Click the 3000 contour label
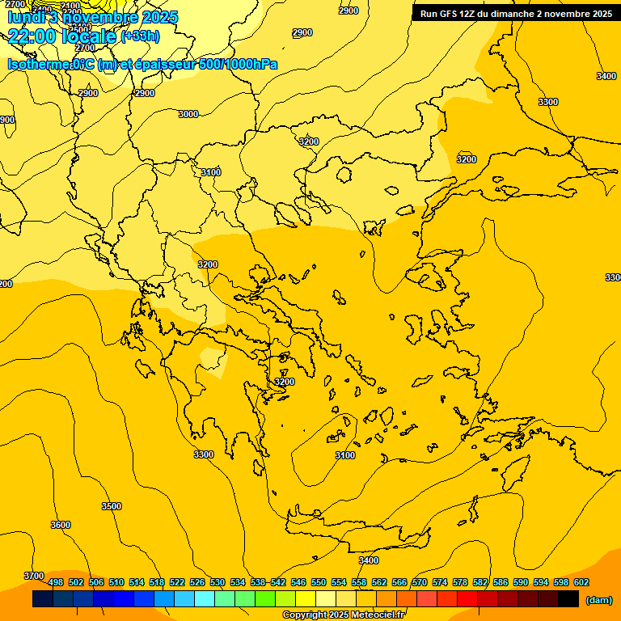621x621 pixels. tap(188, 114)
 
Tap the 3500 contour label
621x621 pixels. tap(112, 506)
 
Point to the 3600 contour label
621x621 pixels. tap(61, 525)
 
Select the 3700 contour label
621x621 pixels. tap(34, 576)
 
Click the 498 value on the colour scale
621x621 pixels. tap(56, 582)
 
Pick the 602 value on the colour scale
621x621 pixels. tap(581, 582)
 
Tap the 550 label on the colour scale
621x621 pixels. tap(319, 582)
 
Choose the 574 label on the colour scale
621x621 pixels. tap(440, 582)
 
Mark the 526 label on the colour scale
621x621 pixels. tap(197, 582)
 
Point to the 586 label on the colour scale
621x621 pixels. tap(501, 582)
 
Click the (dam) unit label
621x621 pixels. tap(598, 599)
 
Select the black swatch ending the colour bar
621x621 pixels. tap(568, 599)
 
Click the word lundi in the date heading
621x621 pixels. tap(27, 17)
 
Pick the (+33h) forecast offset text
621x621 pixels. tap(140, 36)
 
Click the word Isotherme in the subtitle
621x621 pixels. tap(40, 65)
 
